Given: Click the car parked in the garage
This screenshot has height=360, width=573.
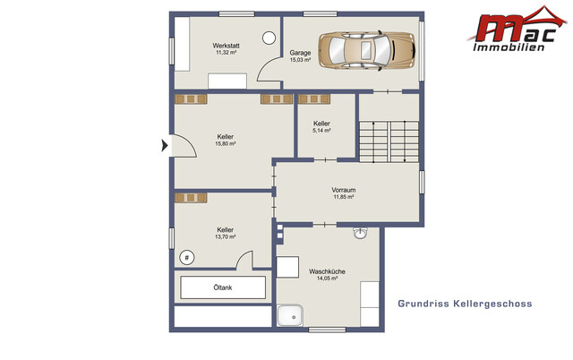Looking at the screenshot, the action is point(367,50).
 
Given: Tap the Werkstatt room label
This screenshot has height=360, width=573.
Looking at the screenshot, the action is point(227,46).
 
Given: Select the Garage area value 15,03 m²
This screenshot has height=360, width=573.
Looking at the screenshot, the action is point(300,60).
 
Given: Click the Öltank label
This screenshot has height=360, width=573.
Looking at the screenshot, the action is point(223,287).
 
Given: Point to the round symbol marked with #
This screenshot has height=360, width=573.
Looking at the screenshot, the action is point(187,258).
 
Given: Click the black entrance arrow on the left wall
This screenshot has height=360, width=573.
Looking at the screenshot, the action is point(165,145).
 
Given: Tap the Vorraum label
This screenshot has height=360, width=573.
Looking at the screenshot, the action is point(344,190).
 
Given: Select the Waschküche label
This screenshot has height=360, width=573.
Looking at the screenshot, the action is point(327,271).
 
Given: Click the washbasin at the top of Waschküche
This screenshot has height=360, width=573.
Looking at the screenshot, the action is point(360,233).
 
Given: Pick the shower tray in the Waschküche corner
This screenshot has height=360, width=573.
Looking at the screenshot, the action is point(290,315).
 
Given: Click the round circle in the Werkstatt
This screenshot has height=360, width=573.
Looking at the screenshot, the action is point(269,38).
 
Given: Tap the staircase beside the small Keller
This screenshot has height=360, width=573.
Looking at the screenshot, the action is point(389,141).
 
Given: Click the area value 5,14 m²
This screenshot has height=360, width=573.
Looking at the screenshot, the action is point(321,131).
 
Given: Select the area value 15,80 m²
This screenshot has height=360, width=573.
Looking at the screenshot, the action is point(225,143).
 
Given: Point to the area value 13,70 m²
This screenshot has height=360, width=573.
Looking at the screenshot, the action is point(225,236).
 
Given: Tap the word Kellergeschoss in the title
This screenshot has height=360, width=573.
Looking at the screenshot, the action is point(492,304).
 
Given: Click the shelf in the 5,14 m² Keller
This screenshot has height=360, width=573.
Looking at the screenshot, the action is point(314,99).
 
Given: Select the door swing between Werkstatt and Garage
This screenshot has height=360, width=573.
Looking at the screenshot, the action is point(269,70).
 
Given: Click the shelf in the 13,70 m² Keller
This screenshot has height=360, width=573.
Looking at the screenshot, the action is point(191,198).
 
